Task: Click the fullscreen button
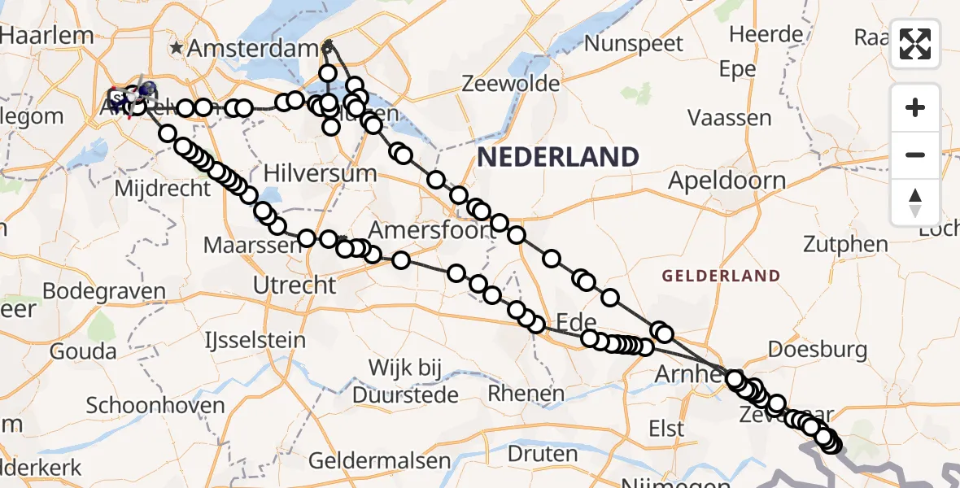[x=915, y=44]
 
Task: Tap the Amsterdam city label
[x=255, y=48]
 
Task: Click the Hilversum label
[x=320, y=173]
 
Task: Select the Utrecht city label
[x=295, y=285]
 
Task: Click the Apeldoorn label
[x=727, y=181]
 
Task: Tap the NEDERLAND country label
[x=557, y=156]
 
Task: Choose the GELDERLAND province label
[x=721, y=277]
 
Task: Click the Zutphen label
[x=845, y=244]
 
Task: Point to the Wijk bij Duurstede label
[x=405, y=381]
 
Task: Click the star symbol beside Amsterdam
[x=177, y=48]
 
